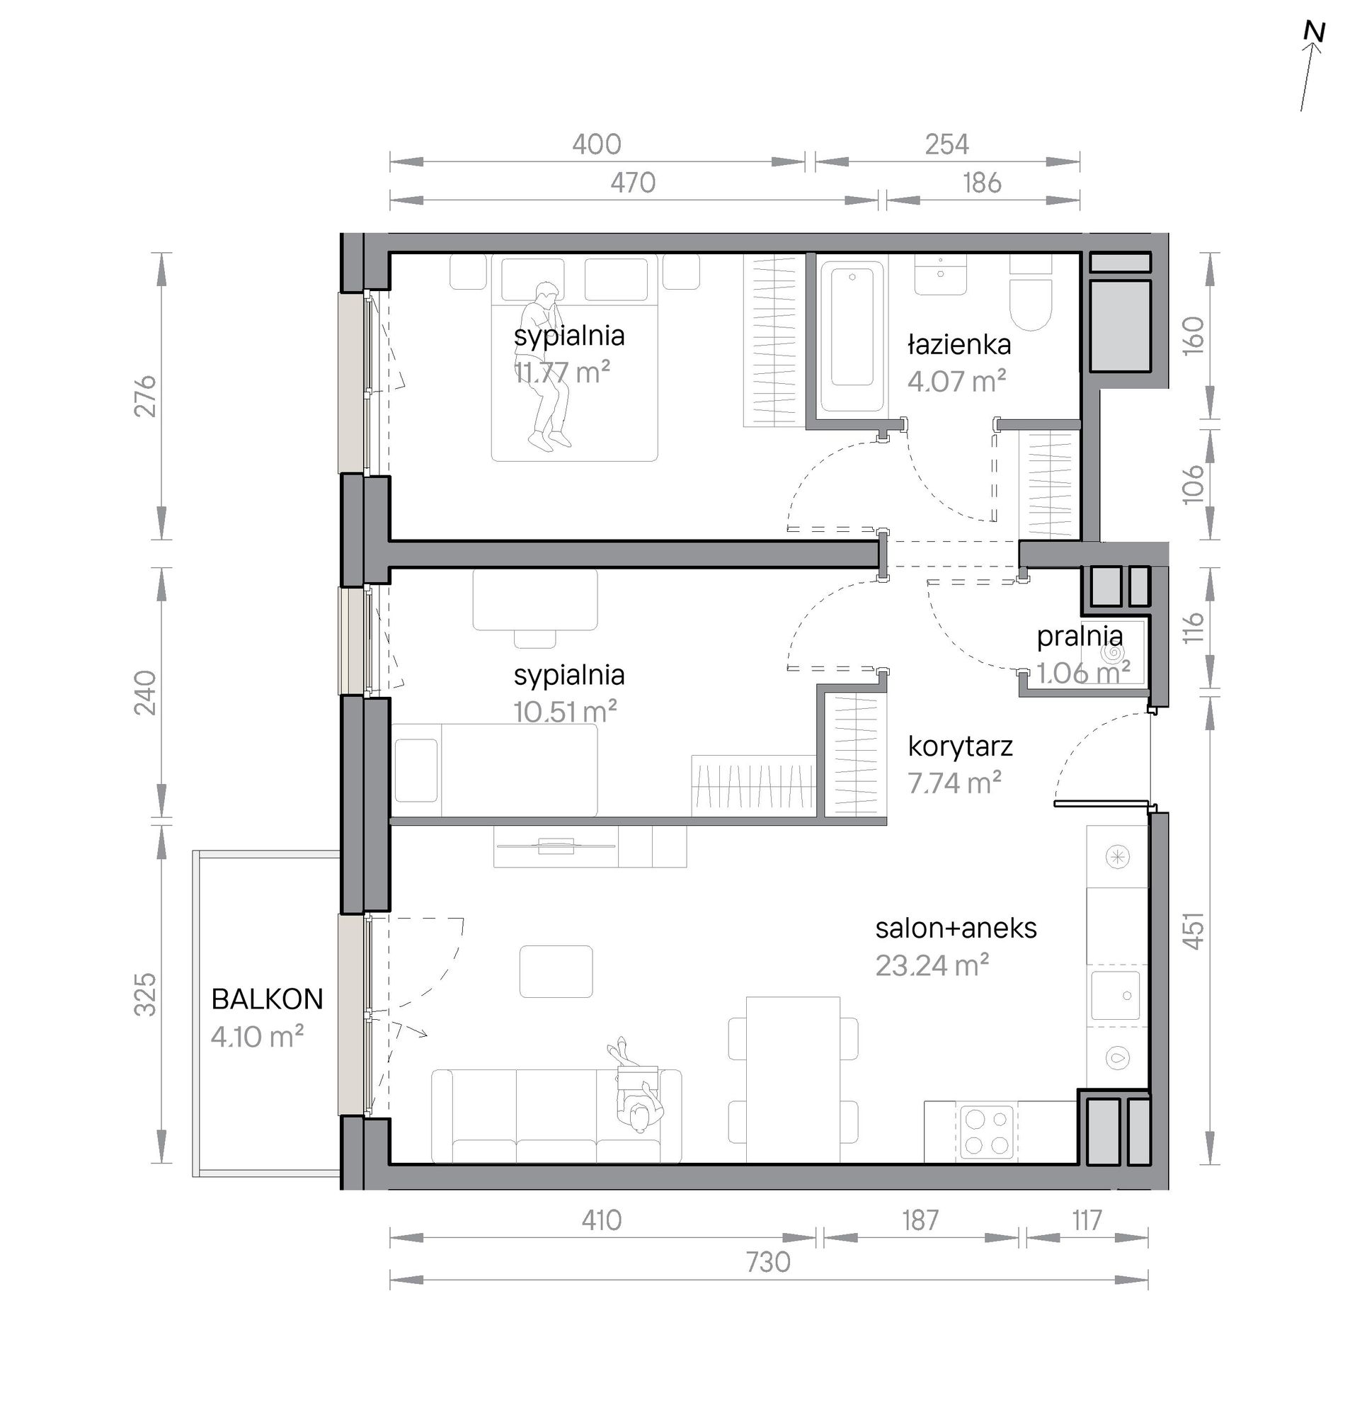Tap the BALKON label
[x=268, y=999]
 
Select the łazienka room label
[x=959, y=345]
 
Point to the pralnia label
[x=1080, y=636]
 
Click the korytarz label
[x=960, y=746]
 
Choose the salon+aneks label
[x=956, y=928]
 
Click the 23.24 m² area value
[x=932, y=965]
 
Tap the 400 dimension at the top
[x=597, y=145]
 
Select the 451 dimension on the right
[x=1192, y=931]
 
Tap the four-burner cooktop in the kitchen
[x=988, y=1131]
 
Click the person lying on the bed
[x=545, y=365]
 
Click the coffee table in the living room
[x=556, y=972]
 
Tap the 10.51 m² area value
[x=565, y=712]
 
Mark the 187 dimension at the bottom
[x=920, y=1220]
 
